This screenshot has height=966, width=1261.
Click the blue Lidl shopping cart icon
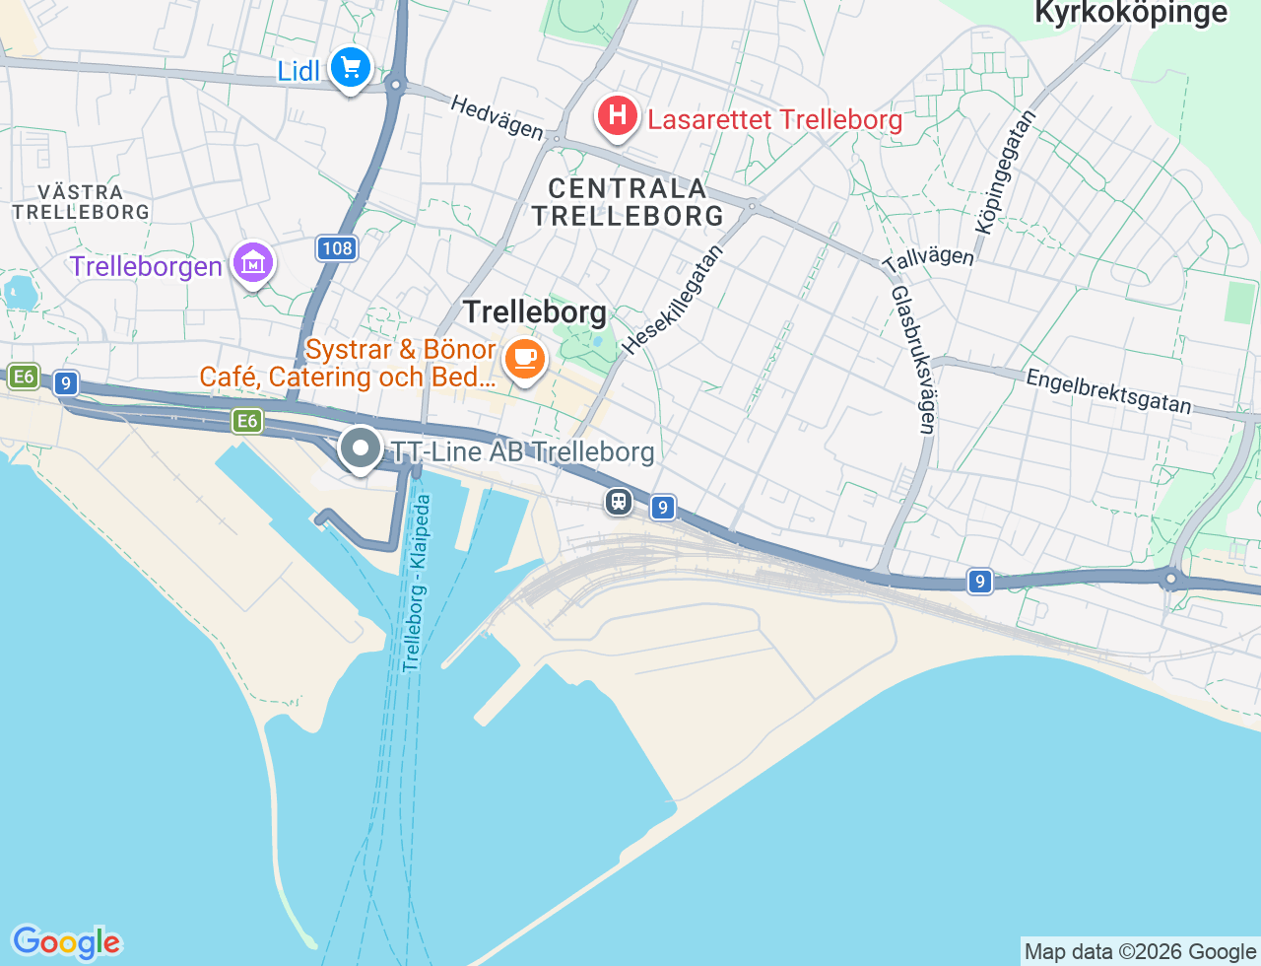tap(350, 68)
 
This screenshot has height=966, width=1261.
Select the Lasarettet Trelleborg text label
tap(774, 120)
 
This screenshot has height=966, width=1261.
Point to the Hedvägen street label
tap(497, 116)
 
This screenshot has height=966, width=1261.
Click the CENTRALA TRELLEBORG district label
tap(628, 202)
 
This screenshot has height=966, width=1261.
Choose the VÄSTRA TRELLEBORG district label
tap(81, 202)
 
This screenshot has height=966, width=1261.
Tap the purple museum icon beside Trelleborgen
tap(254, 263)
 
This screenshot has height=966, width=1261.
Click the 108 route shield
tap(336, 248)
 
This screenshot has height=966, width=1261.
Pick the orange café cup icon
tap(525, 358)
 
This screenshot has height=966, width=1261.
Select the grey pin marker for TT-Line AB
tap(361, 448)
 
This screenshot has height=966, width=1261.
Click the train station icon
tap(618, 502)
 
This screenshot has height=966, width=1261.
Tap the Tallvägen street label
tap(928, 260)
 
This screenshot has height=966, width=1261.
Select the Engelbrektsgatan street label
tap(1108, 391)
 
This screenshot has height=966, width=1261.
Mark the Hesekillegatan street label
tap(673, 299)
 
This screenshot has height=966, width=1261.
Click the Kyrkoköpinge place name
tap(1131, 13)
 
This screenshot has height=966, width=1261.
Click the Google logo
tap(66, 942)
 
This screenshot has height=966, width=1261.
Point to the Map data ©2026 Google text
tap(1140, 951)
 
